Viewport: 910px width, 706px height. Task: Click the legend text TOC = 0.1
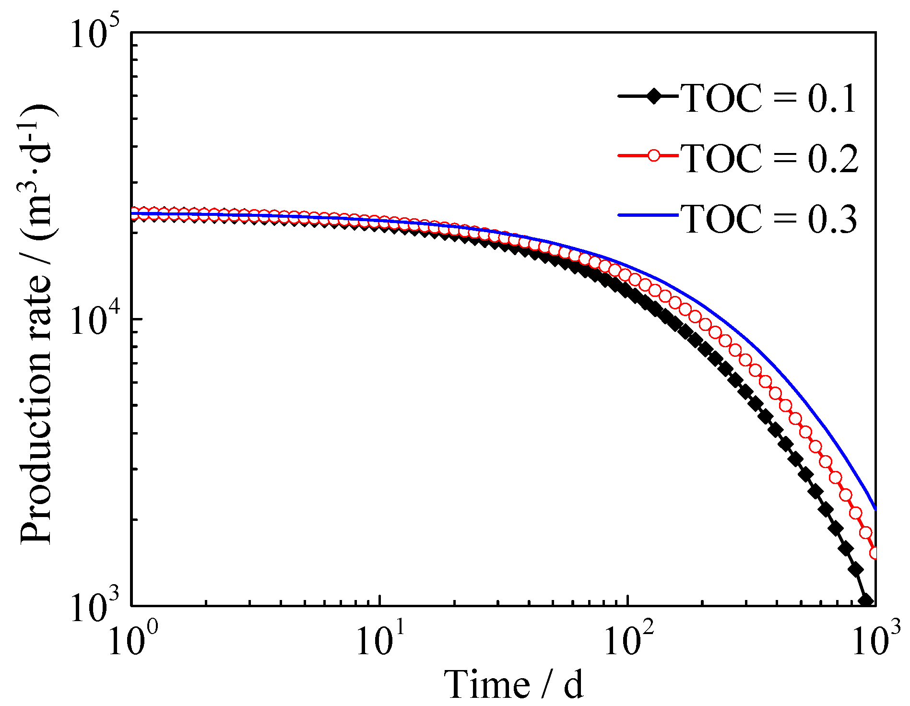point(769,98)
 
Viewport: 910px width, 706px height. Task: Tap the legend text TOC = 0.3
point(769,218)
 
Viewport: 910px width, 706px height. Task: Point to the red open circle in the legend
point(653,155)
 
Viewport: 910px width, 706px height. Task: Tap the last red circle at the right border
point(876,553)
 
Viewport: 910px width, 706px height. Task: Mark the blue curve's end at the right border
point(876,509)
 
